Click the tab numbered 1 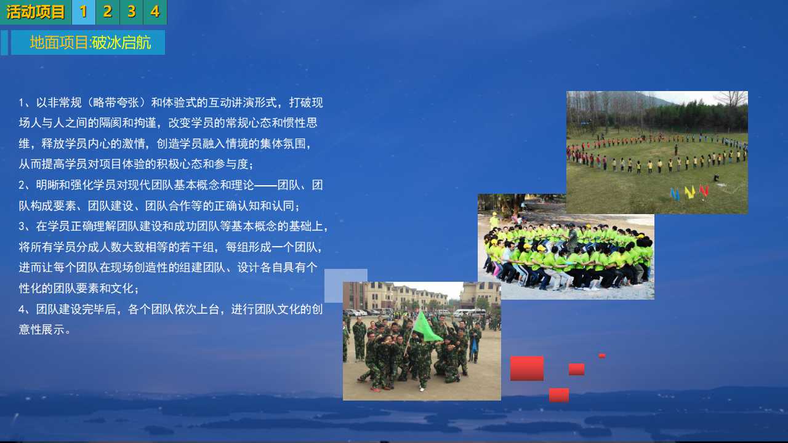pyautogui.click(x=83, y=12)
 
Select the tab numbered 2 pyautogui.click(x=107, y=12)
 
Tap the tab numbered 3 pyautogui.click(x=131, y=12)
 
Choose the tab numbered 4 pyautogui.click(x=155, y=12)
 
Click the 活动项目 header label pyautogui.click(x=36, y=12)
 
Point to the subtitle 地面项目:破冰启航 pyautogui.click(x=90, y=42)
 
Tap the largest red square pyautogui.click(x=526, y=368)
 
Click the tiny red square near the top pyautogui.click(x=602, y=356)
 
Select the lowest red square pyautogui.click(x=558, y=395)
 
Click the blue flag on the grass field pyautogui.click(x=675, y=194)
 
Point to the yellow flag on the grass pyautogui.click(x=689, y=192)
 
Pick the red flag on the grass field pyautogui.click(x=704, y=191)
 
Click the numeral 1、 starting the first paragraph pyautogui.click(x=25, y=103)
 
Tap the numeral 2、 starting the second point pyautogui.click(x=25, y=185)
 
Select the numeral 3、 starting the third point pyautogui.click(x=25, y=226)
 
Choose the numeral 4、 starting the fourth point pyautogui.click(x=25, y=309)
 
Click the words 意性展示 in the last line pyautogui.click(x=41, y=330)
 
